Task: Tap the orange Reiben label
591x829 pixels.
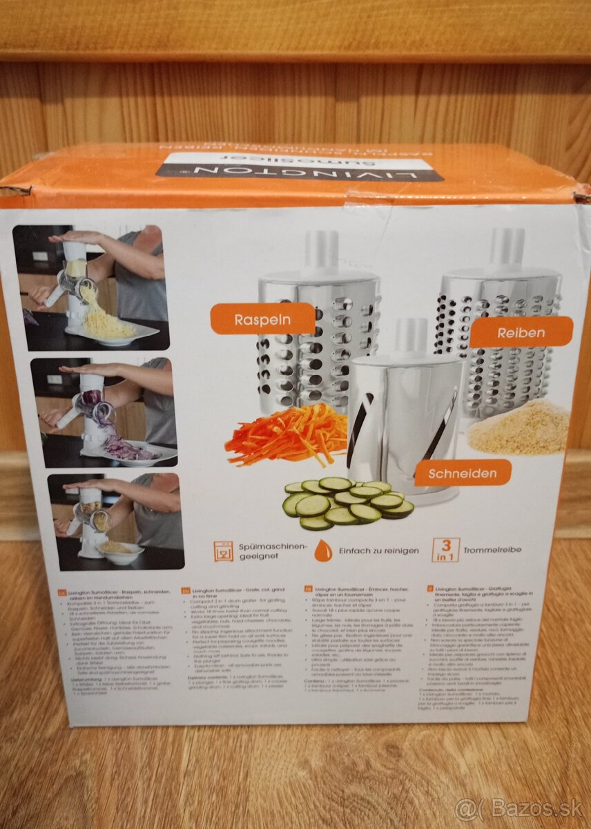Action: point(521,332)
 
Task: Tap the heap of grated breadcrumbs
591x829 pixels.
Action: point(519,427)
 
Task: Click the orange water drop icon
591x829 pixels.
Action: point(322,551)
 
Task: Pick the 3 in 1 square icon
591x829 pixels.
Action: point(445,550)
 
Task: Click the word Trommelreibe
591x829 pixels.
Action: point(493,550)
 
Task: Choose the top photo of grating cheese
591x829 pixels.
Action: point(92,287)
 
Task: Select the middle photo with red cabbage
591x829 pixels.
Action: point(103,412)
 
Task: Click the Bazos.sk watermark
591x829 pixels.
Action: point(519,808)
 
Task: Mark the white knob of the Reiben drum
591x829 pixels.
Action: point(507,247)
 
